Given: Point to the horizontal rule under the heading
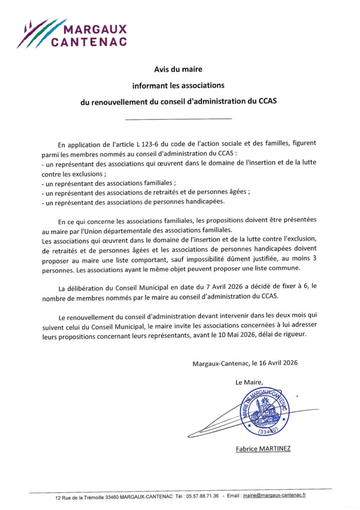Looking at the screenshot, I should tap(179, 119).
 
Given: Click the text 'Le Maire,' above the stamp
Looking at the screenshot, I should tap(249, 382).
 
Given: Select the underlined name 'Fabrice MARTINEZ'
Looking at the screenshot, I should tap(263, 449).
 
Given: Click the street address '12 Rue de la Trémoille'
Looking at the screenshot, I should tap(85, 498).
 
